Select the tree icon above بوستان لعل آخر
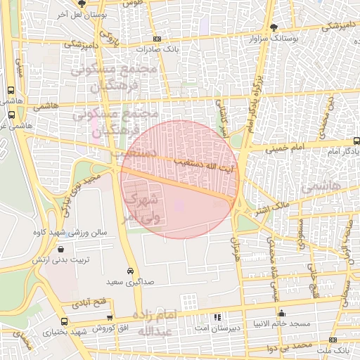(62, 4)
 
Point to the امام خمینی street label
(285, 149)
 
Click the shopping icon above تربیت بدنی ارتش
(61, 249)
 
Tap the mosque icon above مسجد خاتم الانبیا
(282, 314)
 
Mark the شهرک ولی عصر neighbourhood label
(147, 207)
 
